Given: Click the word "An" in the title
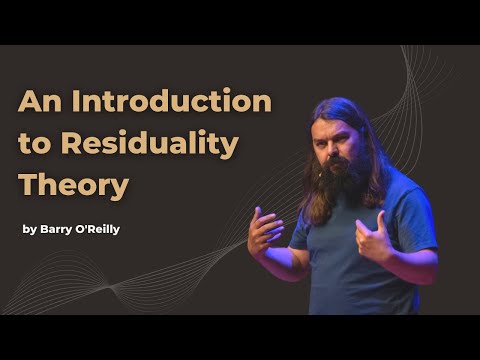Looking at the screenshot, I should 41,102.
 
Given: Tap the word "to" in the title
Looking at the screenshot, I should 36,144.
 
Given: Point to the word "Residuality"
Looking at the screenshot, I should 150,144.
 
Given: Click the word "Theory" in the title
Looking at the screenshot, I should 74,186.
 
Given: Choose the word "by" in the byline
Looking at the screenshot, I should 29,229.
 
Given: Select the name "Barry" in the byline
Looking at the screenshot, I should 57,229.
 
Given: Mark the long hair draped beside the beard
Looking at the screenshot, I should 372,180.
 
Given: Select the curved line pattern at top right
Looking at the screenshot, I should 420,80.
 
